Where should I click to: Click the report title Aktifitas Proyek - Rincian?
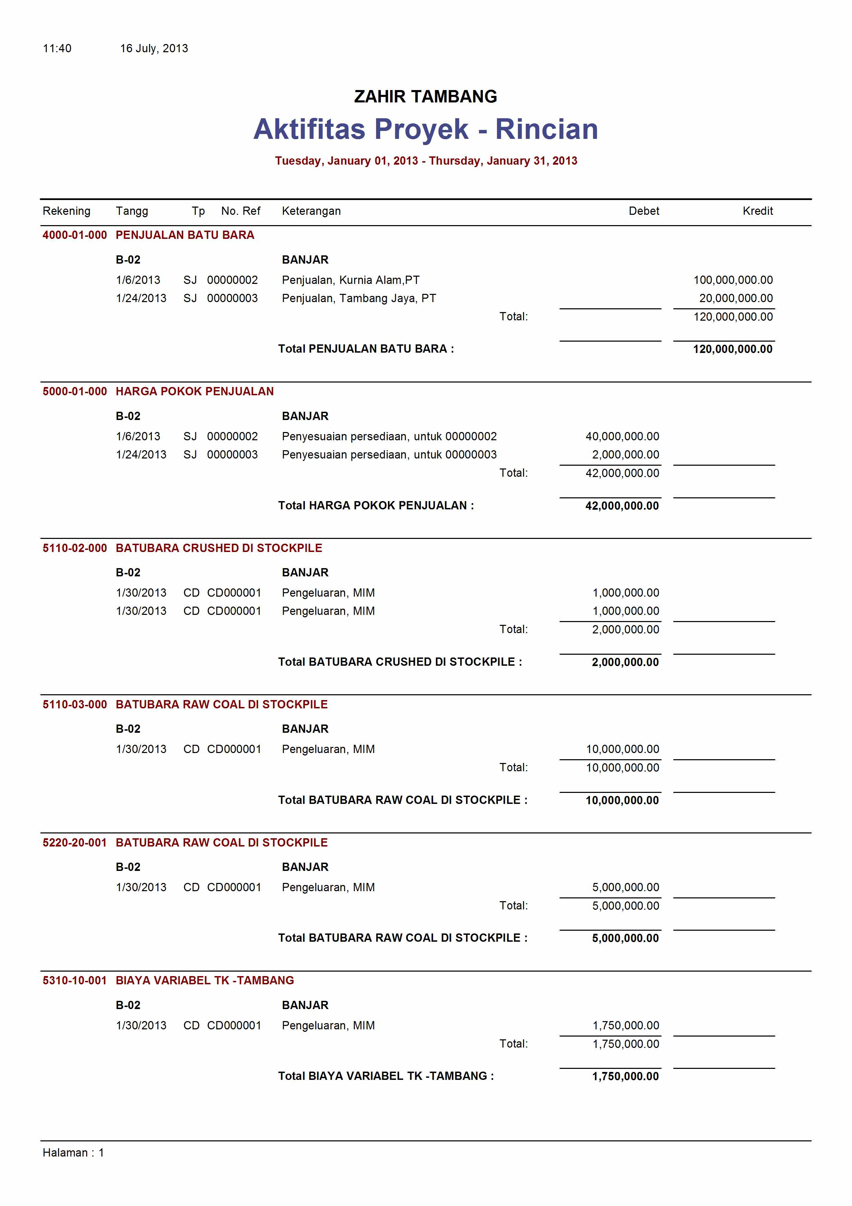(x=425, y=129)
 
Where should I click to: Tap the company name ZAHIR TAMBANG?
(x=425, y=97)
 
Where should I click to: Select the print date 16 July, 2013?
(x=154, y=49)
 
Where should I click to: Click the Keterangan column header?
(x=311, y=211)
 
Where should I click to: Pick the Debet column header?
(x=644, y=211)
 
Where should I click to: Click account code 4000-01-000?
(x=75, y=235)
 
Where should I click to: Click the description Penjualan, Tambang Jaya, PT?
(x=359, y=298)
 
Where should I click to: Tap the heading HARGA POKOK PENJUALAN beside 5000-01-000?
(x=194, y=391)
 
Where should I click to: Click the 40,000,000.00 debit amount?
(x=622, y=436)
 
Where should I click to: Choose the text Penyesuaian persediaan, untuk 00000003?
(x=389, y=455)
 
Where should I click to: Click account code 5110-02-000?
(x=75, y=548)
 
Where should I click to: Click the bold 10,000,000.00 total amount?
(x=622, y=800)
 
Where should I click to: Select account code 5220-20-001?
(x=75, y=842)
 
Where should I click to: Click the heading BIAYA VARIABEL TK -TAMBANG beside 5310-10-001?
(x=205, y=980)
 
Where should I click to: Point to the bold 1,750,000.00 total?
(x=625, y=1076)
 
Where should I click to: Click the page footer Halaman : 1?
(x=73, y=1152)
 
